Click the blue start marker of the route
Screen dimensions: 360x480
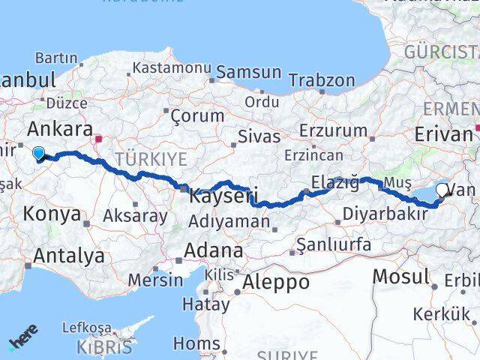pyautogui.click(x=38, y=153)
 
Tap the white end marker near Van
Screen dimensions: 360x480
pyautogui.click(x=443, y=190)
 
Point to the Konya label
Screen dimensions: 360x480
pyautogui.click(x=52, y=214)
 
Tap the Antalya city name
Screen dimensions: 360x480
pyautogui.click(x=68, y=256)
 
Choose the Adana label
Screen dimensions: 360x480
pyautogui.click(x=215, y=250)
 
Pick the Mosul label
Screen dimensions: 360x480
pyautogui.click(x=402, y=277)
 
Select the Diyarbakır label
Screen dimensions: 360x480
pyautogui.click(x=385, y=214)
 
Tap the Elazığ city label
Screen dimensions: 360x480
pyautogui.click(x=334, y=182)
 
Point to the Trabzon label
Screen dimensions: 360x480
pyautogui.click(x=322, y=79)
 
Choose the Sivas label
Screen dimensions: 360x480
pyautogui.click(x=259, y=136)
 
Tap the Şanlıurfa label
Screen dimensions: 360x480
pyautogui.click(x=334, y=244)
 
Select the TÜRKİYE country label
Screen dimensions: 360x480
pyautogui.click(x=150, y=159)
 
